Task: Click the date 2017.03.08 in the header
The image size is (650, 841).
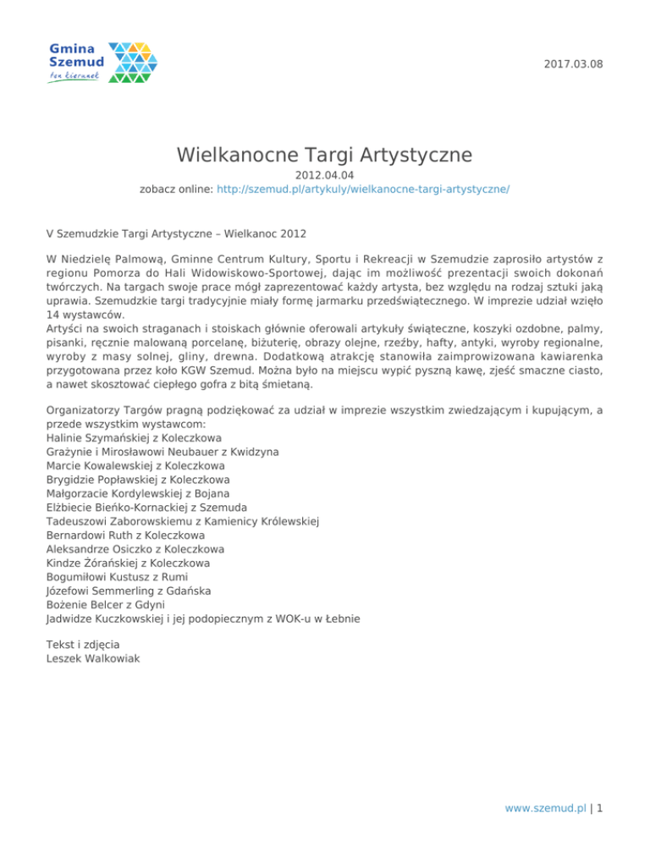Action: pos(575,63)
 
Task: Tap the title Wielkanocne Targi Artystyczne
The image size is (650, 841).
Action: pos(324,155)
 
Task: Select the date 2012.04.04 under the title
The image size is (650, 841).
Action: pos(324,176)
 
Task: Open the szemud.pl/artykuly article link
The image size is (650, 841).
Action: pos(363,190)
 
